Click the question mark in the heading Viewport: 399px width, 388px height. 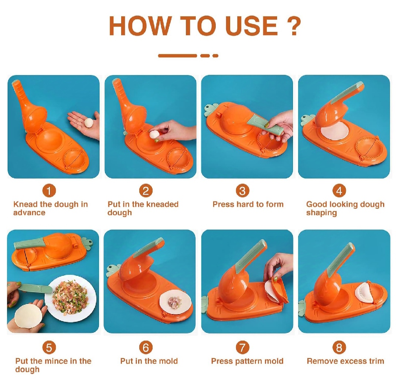click(x=294, y=26)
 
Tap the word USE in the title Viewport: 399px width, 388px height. click(x=252, y=26)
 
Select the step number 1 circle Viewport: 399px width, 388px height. click(x=49, y=191)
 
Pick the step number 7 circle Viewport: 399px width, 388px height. click(x=242, y=348)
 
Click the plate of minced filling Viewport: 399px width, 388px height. click(x=71, y=298)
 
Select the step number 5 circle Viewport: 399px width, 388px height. click(x=49, y=348)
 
